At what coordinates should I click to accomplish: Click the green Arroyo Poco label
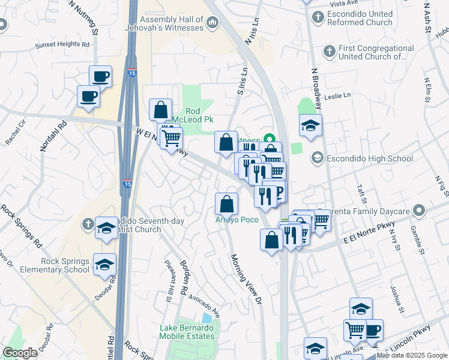click(x=237, y=220)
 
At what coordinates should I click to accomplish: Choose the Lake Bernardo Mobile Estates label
click(x=187, y=332)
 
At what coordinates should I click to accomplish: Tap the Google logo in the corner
click(x=20, y=352)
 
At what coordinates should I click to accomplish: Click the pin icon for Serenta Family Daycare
click(x=419, y=211)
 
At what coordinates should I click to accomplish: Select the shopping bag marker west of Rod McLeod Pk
click(x=161, y=109)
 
